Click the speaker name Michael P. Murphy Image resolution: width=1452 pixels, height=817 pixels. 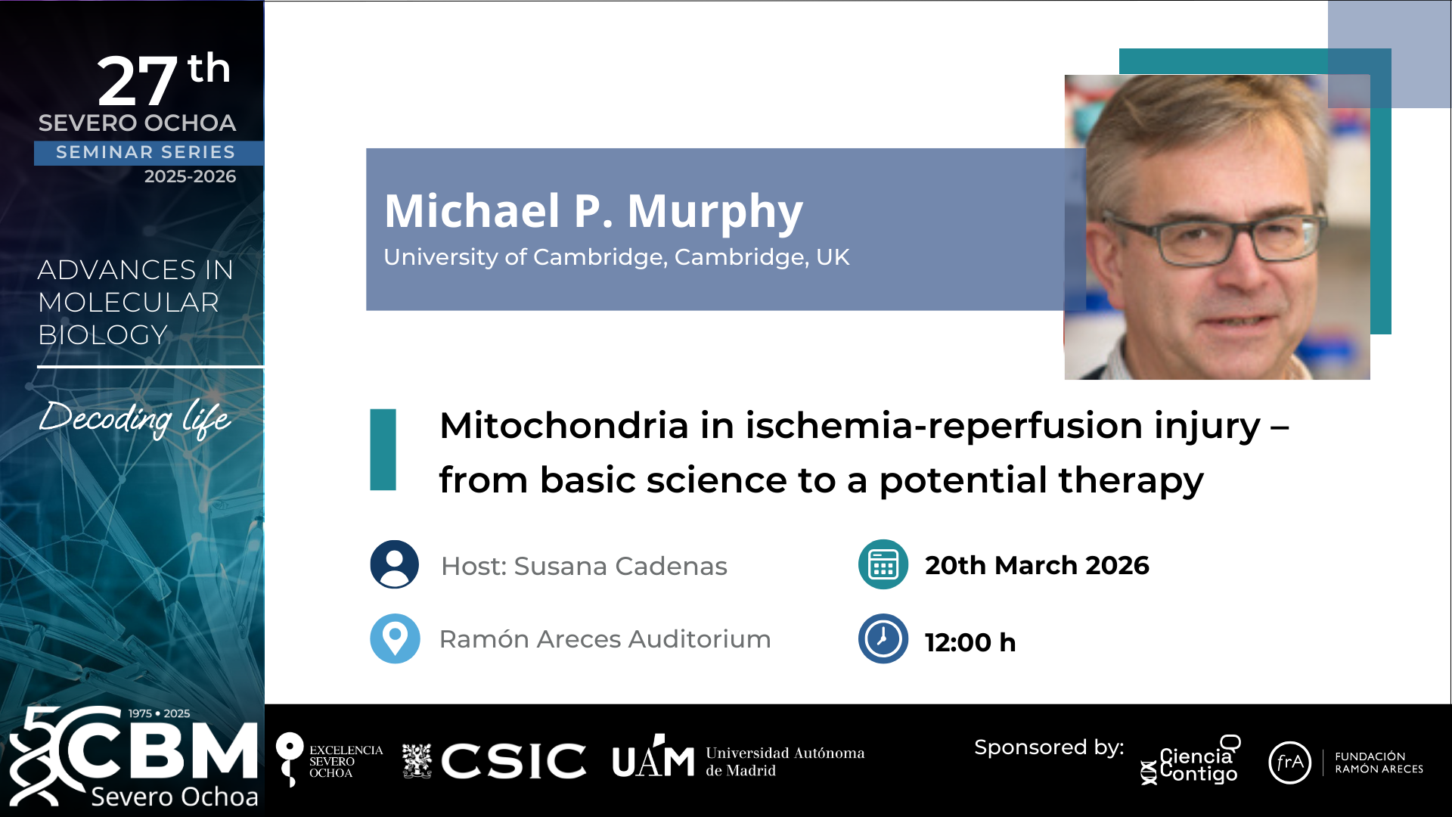(594, 211)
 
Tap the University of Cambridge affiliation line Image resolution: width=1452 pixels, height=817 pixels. (616, 257)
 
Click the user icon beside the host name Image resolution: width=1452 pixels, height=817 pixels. (394, 564)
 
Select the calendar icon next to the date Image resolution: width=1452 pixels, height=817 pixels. (883, 564)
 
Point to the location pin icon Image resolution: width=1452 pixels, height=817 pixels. (394, 638)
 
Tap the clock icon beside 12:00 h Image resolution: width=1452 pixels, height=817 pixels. (883, 638)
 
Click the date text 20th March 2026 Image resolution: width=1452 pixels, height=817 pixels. (1037, 565)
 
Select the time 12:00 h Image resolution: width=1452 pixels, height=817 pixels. (970, 642)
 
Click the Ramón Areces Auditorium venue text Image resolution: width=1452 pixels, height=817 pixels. (605, 639)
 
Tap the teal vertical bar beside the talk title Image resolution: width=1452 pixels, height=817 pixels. (383, 449)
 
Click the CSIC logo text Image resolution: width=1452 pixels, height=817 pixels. (513, 760)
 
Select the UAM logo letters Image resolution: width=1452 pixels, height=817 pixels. (653, 757)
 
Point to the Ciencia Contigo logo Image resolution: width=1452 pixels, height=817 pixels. (1191, 760)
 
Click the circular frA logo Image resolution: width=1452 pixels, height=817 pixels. (1289, 763)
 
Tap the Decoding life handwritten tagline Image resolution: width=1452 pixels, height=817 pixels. (135, 418)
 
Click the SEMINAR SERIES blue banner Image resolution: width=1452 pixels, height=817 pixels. (149, 153)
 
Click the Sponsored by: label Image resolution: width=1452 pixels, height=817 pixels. (1049, 748)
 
